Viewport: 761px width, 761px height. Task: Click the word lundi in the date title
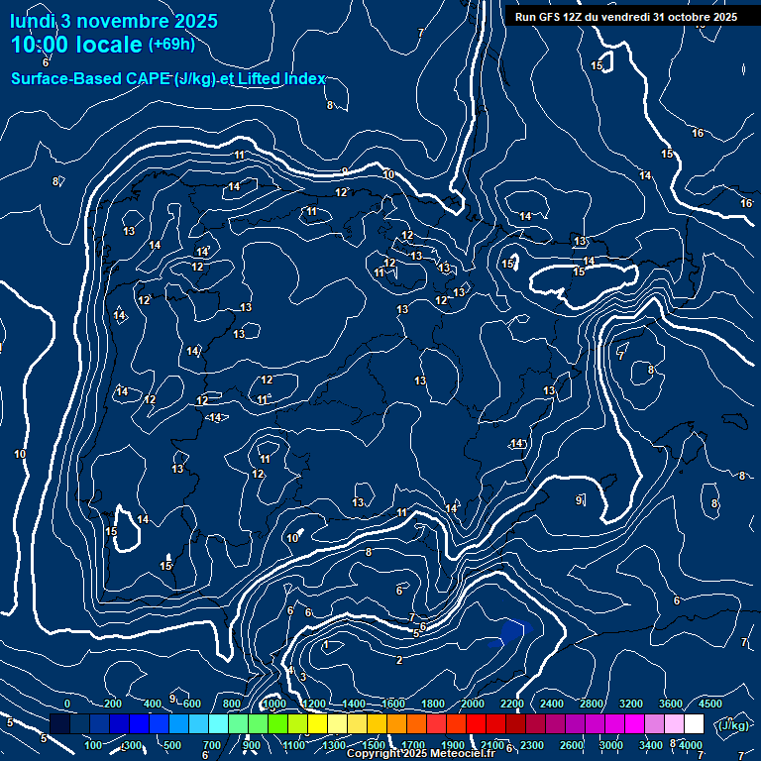tap(32, 21)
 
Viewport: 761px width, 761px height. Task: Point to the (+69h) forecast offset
tap(171, 45)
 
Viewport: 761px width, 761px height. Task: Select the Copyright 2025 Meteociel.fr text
tap(420, 753)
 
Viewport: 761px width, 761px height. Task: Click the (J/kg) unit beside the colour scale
tap(733, 725)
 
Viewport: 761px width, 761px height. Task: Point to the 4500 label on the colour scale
tap(710, 703)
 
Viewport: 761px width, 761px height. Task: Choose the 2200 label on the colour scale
tap(512, 703)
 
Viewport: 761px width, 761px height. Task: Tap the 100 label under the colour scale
tap(94, 744)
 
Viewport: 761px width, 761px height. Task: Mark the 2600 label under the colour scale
tap(572, 744)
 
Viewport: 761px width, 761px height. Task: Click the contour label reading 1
tap(326, 644)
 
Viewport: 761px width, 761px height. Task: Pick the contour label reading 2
tap(399, 660)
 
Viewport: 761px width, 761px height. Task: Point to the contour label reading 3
tap(303, 677)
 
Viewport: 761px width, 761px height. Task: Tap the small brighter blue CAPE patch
tap(511, 631)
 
